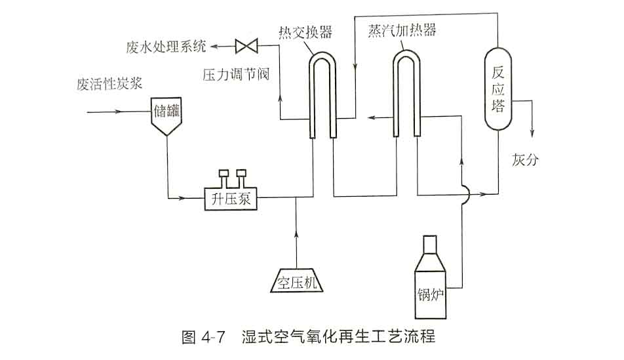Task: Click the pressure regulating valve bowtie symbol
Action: [x=248, y=46]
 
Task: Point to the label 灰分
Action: [x=525, y=159]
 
